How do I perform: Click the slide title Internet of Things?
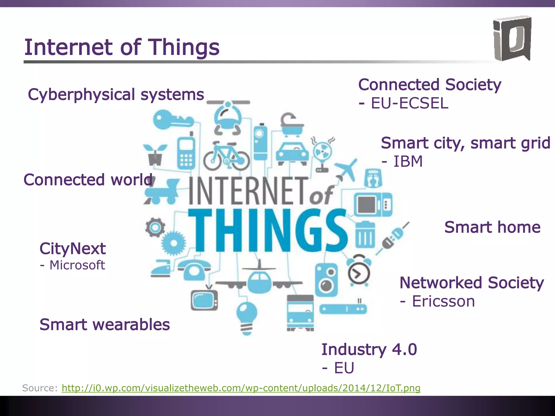coord(122,47)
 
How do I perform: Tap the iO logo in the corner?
coord(512,38)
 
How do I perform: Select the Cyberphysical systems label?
coord(116,95)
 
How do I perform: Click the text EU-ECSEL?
coord(409,103)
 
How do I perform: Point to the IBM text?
coord(408,162)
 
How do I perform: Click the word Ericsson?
coord(443,301)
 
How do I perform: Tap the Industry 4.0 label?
coord(369,349)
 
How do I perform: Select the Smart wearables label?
coord(105,324)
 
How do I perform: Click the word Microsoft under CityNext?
coord(77,265)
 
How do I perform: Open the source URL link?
coord(241,388)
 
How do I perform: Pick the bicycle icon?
coord(226,156)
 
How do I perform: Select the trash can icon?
coord(365,235)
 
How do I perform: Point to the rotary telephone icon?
coord(194,270)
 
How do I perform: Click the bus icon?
coord(300,313)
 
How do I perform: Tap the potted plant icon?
coord(155,155)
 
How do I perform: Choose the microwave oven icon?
coord(373,204)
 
